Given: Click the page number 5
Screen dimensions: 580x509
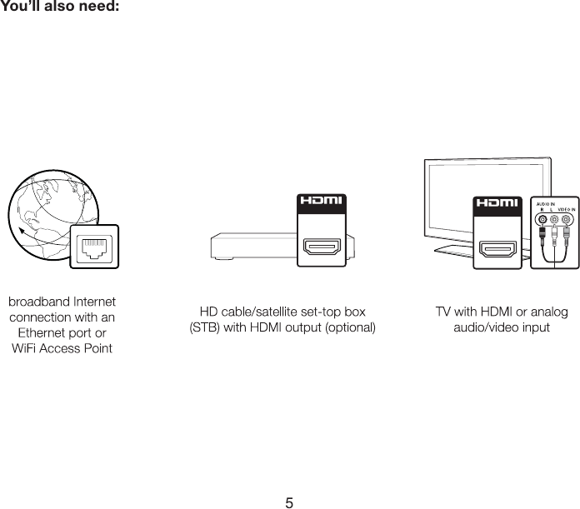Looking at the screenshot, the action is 289,502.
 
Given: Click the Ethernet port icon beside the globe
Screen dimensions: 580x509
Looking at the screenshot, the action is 93,247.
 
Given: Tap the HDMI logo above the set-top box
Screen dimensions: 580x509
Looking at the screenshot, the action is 322,202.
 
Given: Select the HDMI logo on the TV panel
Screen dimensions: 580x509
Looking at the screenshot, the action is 497,202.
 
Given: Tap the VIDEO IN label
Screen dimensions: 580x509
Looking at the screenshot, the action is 566,209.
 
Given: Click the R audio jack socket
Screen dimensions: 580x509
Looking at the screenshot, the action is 543,221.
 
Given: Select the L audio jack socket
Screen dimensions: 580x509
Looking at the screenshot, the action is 555,221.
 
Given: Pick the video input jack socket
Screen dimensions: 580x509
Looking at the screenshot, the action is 567,221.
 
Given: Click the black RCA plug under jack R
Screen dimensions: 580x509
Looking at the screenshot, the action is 543,235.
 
